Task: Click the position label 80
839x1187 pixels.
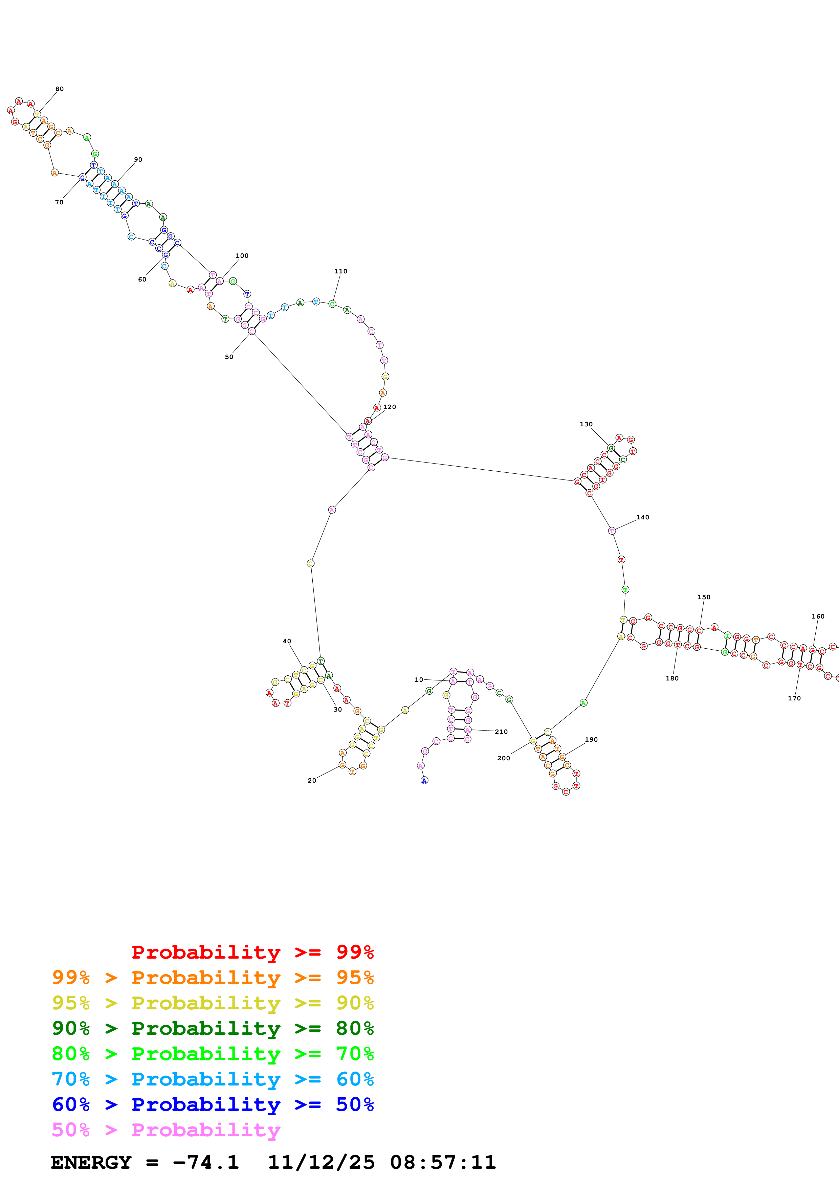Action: coord(60,89)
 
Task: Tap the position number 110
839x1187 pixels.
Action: coord(341,271)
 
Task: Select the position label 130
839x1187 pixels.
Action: coord(586,424)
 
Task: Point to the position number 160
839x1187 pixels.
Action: coord(818,616)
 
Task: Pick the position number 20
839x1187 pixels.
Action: coord(312,780)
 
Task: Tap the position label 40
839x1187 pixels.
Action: coord(287,641)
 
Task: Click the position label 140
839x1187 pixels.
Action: coord(643,517)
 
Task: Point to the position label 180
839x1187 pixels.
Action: coord(672,678)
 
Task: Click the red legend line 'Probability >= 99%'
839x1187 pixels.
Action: coord(252,952)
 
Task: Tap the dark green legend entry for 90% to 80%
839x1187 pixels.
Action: coord(213,1028)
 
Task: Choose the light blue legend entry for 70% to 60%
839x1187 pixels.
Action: coord(213,1079)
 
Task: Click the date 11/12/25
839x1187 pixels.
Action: coord(321,1162)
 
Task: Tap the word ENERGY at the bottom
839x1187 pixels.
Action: coord(91,1162)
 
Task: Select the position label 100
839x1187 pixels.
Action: coord(242,255)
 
